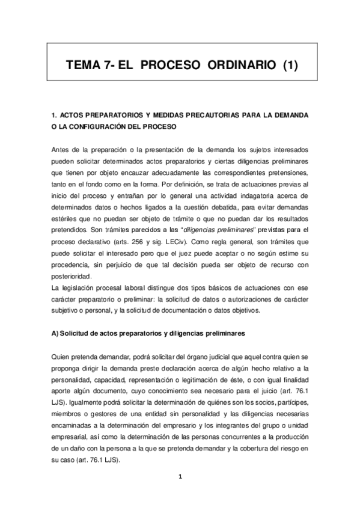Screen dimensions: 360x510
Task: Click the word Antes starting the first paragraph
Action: (61, 149)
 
